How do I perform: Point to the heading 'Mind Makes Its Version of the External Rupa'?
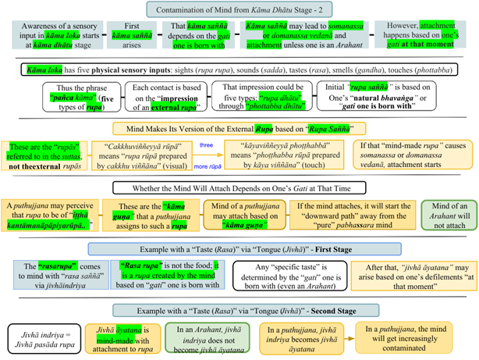pyautogui.click(x=239, y=128)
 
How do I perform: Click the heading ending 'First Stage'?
pyautogui.click(x=239, y=248)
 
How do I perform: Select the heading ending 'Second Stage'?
pyautogui.click(x=239, y=312)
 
